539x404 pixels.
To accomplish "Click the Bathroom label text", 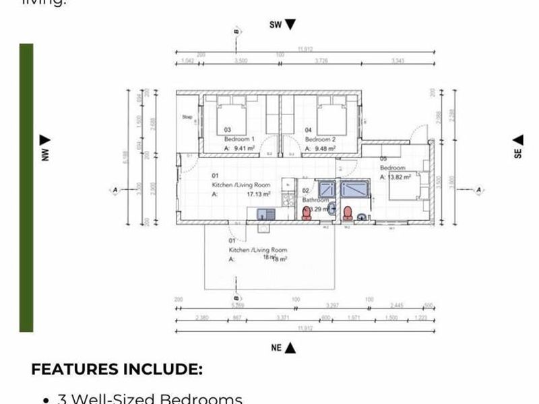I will [315, 200].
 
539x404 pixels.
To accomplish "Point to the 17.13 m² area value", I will [258, 194].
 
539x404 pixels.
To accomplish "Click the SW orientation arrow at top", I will [290, 25].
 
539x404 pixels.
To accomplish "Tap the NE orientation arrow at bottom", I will [290, 347].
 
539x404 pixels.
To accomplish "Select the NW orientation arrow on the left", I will [45, 140].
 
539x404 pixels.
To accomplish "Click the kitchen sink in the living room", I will [263, 214].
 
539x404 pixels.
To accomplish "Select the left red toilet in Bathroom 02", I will [307, 213].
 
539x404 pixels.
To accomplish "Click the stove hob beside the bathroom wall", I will [289, 199].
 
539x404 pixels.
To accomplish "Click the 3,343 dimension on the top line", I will [398, 61].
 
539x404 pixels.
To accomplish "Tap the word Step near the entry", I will [187, 117].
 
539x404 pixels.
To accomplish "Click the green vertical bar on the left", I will [26, 188].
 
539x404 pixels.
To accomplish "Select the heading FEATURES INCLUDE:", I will [117, 369].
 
